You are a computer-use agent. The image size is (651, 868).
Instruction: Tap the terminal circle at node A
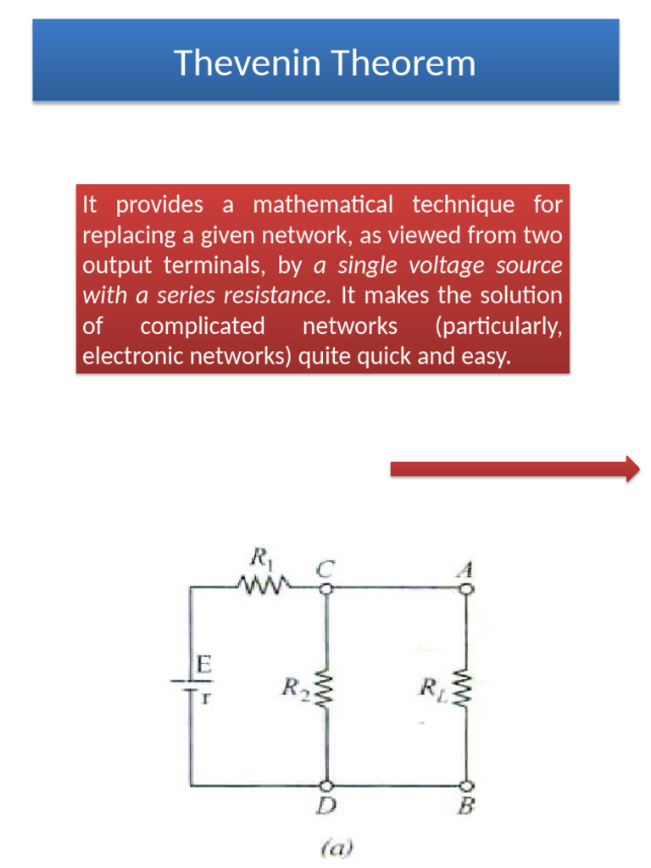coord(466,587)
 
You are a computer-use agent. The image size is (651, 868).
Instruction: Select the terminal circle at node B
coord(466,787)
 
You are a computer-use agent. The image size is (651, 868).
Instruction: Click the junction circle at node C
coord(325,587)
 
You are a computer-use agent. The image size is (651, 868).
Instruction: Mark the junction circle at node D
coord(325,787)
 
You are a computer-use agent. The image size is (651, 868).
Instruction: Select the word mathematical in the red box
coord(323,205)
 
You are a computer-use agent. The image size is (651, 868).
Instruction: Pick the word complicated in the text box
coord(203,326)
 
